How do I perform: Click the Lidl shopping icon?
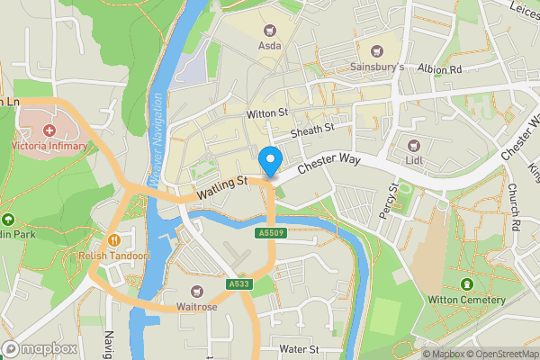(415, 146)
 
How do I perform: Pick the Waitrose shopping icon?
(198, 292)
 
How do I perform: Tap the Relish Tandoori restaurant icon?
(114, 240)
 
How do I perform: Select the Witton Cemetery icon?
(467, 285)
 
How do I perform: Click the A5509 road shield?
(271, 233)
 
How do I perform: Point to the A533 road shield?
(238, 284)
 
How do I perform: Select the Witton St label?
(265, 113)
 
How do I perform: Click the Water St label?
(299, 348)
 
